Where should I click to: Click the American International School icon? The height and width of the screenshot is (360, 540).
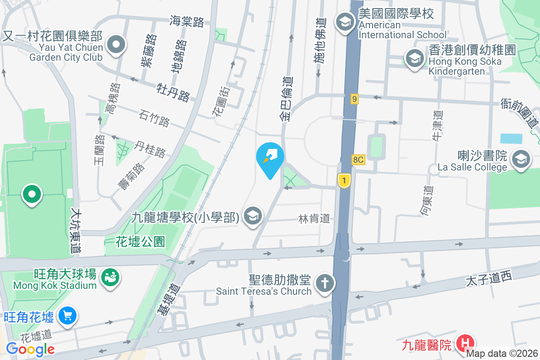[x=345, y=22]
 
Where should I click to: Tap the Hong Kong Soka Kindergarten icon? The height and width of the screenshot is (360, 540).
[x=414, y=58]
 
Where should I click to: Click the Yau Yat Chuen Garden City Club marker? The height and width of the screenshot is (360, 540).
[x=117, y=45]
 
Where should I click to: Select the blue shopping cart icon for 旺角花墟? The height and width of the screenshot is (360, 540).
[x=68, y=316]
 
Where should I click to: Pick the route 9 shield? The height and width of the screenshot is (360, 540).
[x=355, y=99]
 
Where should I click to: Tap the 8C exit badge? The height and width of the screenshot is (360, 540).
[x=358, y=160]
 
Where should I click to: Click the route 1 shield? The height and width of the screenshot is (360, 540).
[x=344, y=181]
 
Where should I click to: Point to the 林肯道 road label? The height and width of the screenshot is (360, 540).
[x=314, y=219]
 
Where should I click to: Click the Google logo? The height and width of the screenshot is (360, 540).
[x=30, y=349]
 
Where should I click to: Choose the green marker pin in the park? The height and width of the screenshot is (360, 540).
[x=32, y=195]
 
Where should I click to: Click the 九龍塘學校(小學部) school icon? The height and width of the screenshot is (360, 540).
[x=253, y=216]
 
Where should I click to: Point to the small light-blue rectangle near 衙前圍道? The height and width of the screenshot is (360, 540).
[x=511, y=138]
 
